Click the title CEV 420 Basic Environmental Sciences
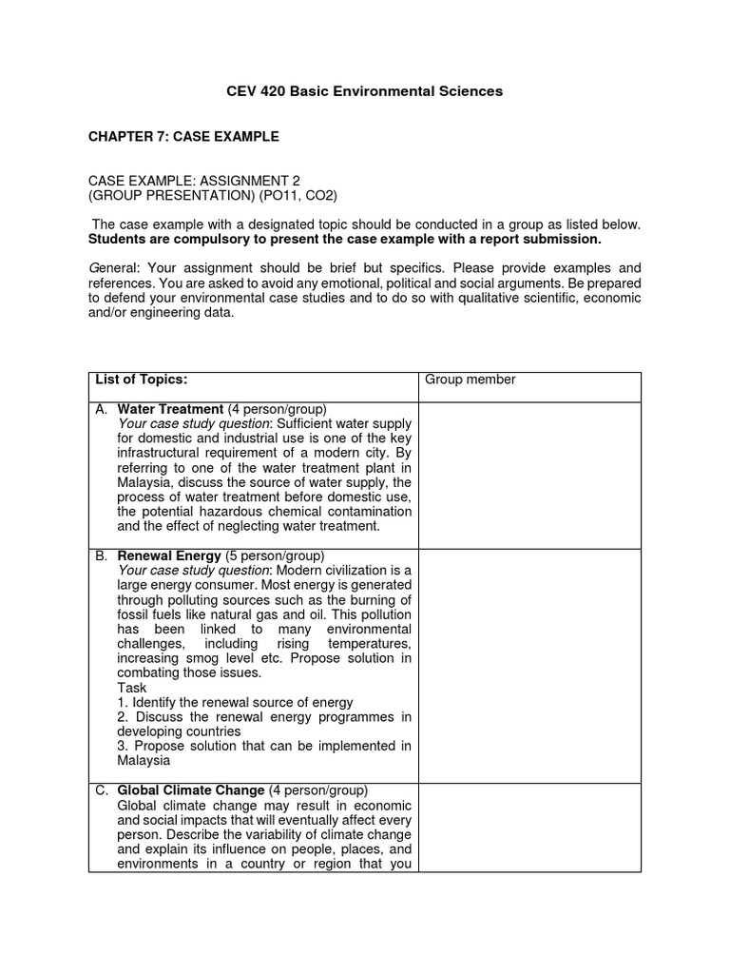click(x=364, y=91)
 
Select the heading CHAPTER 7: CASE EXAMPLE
click(x=183, y=137)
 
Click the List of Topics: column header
click(x=142, y=380)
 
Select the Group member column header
click(x=470, y=380)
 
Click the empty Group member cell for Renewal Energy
click(x=529, y=665)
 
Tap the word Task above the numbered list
click(x=133, y=687)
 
